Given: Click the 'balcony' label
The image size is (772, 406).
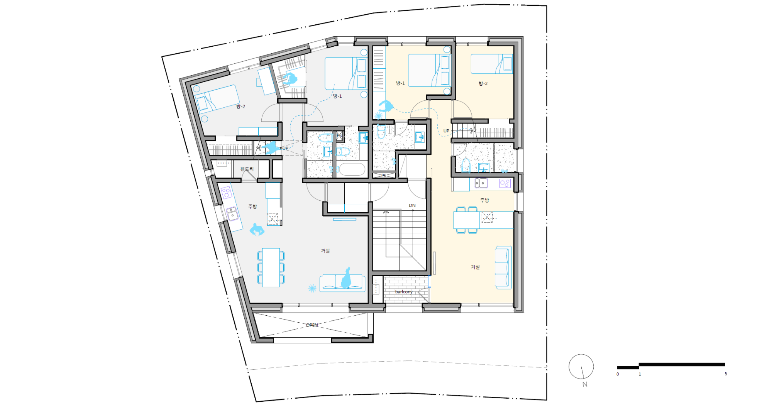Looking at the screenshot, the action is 404,292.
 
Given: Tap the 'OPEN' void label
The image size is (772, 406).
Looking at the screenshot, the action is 312,325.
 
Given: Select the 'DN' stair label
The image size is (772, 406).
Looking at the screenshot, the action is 412,205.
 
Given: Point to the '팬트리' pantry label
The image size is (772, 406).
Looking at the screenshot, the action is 247,169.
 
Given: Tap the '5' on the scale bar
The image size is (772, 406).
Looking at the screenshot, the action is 726,374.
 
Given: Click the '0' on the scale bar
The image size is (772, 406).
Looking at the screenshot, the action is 618,374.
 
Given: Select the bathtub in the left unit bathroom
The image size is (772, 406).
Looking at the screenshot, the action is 352,169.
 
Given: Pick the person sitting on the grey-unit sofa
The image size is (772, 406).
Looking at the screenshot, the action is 346,278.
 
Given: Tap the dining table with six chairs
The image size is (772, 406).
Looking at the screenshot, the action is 271,267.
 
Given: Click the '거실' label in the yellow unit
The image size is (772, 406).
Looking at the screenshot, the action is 475,267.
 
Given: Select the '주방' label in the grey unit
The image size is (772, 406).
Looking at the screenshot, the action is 252,206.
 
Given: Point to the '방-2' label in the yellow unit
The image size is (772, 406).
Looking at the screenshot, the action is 483,83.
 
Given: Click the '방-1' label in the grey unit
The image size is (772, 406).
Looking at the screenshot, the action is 337,96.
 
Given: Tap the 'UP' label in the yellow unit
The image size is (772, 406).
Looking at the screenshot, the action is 446,131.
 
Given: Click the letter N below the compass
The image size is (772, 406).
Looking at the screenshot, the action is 585,384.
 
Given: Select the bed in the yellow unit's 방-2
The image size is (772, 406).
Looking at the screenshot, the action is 492,64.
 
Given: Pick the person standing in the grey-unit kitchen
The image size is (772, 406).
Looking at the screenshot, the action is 257,230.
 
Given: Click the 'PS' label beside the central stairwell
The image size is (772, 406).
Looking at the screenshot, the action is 384,176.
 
